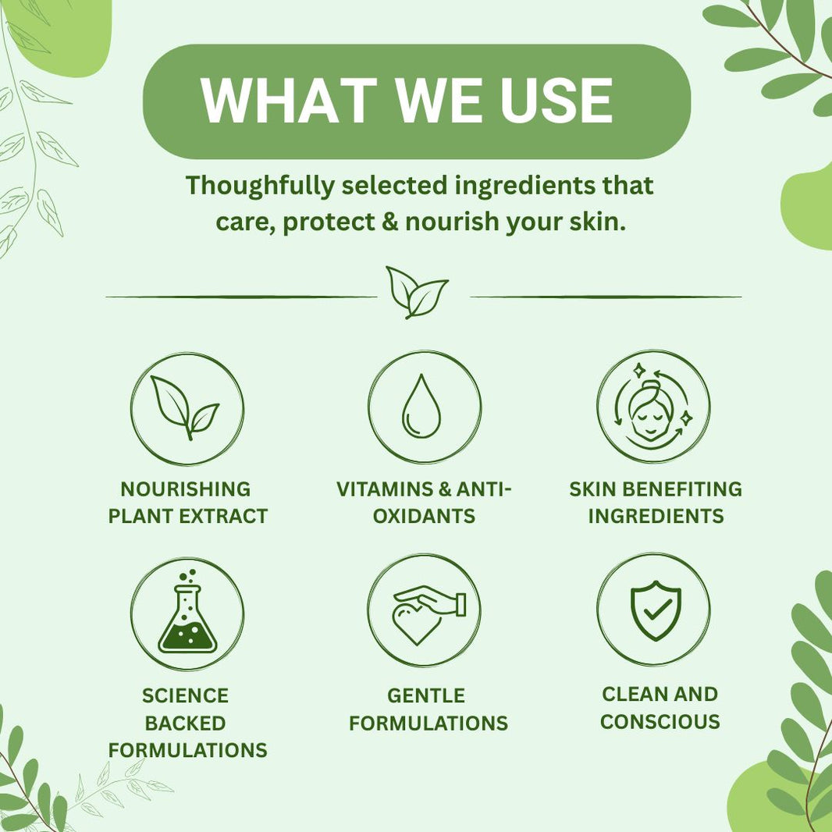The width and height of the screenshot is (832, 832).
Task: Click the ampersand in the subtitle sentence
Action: pyautogui.click(x=389, y=221)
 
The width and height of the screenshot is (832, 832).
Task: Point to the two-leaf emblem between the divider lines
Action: pyautogui.click(x=417, y=293)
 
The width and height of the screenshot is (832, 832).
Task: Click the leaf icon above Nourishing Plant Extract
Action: pyautogui.click(x=185, y=407)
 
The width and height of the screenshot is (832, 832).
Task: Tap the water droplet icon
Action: pyautogui.click(x=421, y=407)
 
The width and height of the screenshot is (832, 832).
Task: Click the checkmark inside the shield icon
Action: pyautogui.click(x=657, y=611)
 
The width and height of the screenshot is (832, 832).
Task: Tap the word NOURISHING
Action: pyautogui.click(x=186, y=489)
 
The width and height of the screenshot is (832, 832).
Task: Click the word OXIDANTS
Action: pyautogui.click(x=424, y=516)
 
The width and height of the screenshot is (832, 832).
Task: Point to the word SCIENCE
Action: pyautogui.click(x=185, y=695)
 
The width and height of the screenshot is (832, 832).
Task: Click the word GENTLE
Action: pyautogui.click(x=426, y=695)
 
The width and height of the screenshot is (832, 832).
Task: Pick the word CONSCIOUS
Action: pyautogui.click(x=660, y=722)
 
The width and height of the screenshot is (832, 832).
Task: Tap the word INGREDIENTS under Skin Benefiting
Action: pyautogui.click(x=656, y=516)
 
